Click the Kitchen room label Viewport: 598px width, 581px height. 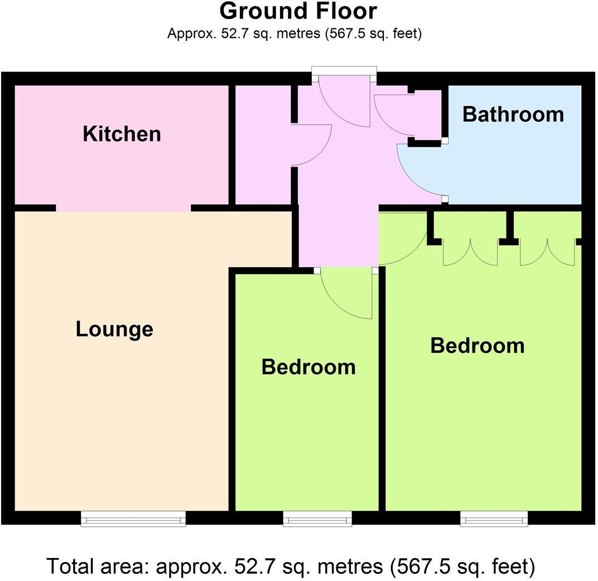pyautogui.click(x=122, y=134)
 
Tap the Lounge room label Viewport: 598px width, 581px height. pyautogui.click(x=114, y=329)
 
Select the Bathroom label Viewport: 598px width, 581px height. pyautogui.click(x=513, y=115)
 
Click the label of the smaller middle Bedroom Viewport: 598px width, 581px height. pyautogui.click(x=308, y=367)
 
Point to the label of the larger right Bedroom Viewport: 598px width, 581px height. pyautogui.click(x=478, y=346)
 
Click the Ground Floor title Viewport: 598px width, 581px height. pyautogui.click(x=298, y=11)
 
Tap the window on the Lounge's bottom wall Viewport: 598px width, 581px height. pyautogui.click(x=133, y=518)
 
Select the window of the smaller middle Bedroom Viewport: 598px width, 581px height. pyautogui.click(x=317, y=519)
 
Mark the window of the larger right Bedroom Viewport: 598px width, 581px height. pyautogui.click(x=494, y=519)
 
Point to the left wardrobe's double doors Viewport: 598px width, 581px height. pyautogui.click(x=470, y=253)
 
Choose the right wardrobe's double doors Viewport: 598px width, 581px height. pyautogui.click(x=547, y=253)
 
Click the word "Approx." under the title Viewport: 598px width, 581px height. pyautogui.click(x=189, y=34)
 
